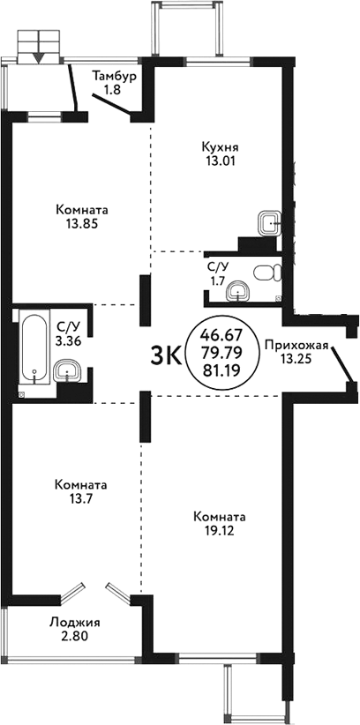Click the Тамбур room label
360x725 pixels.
pos(115,76)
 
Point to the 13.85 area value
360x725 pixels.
pos(81,224)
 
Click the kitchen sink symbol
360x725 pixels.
pos(270,220)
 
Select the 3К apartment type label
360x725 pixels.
pos(167,355)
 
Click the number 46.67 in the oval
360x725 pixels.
pos(224,336)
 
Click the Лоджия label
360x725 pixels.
pos(74,620)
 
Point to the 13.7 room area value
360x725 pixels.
pos(81,499)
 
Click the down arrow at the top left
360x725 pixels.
pos(39,57)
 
